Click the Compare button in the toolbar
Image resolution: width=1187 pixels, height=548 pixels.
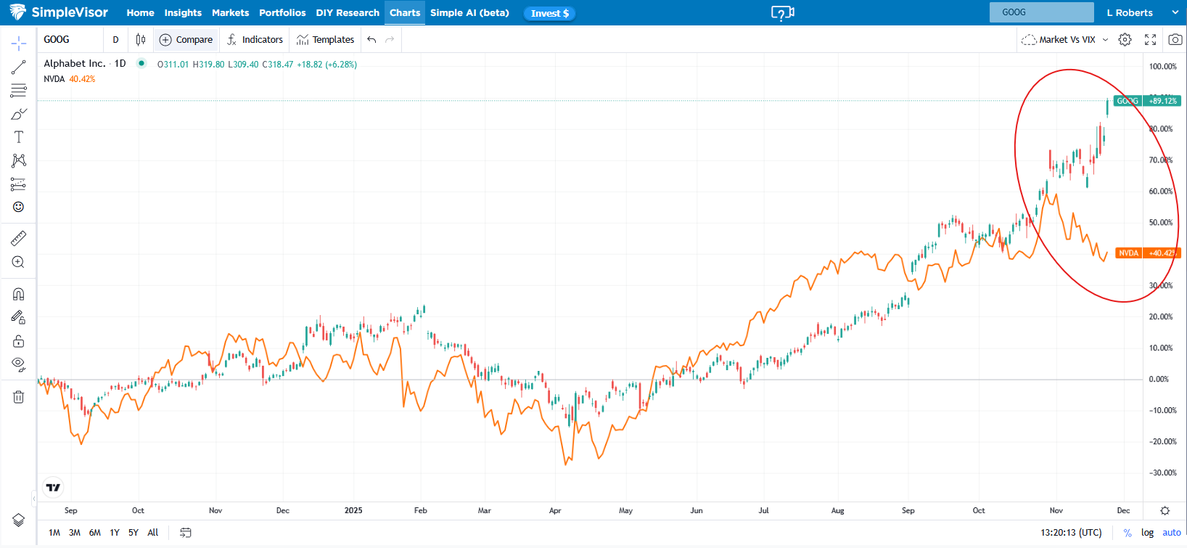click(x=186, y=40)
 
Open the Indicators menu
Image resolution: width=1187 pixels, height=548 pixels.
click(x=255, y=40)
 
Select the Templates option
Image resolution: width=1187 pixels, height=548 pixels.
click(x=326, y=40)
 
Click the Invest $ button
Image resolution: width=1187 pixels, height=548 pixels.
click(x=549, y=13)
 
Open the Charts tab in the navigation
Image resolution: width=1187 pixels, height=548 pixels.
click(x=405, y=13)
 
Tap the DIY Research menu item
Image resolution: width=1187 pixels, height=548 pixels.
click(x=348, y=13)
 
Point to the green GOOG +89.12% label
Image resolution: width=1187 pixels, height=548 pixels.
click(x=1147, y=101)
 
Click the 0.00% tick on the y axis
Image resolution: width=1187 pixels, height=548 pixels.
click(x=1159, y=379)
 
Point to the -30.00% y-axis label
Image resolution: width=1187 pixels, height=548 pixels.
click(x=1162, y=473)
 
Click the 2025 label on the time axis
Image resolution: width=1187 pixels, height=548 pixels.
click(x=353, y=510)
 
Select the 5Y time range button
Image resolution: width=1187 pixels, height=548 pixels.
click(x=134, y=532)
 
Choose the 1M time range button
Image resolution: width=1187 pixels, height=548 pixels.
click(x=54, y=532)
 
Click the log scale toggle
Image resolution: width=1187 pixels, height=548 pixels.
click(x=1147, y=532)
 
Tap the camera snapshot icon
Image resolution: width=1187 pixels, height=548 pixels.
click(x=1175, y=40)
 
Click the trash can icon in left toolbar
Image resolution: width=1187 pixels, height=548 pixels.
click(x=19, y=397)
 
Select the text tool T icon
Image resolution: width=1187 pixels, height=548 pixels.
click(x=19, y=137)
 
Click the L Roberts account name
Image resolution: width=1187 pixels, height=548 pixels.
click(x=1130, y=13)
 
